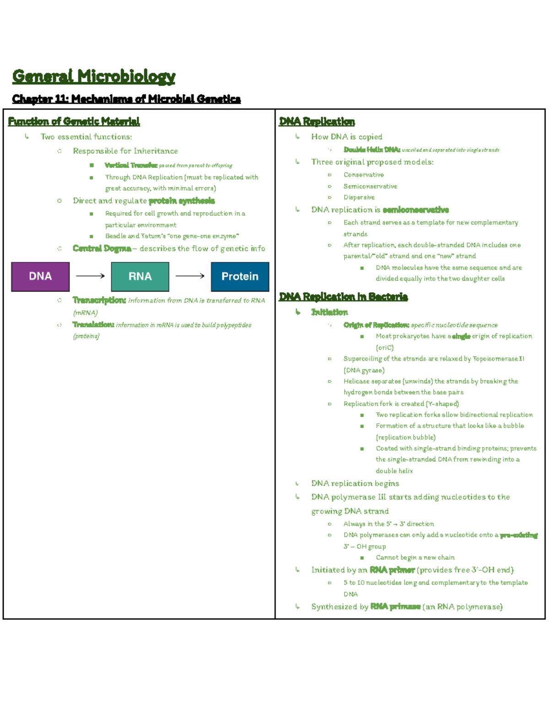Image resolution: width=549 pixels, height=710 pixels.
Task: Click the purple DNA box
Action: pos(40,277)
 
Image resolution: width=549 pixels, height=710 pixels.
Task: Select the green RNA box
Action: pos(140,277)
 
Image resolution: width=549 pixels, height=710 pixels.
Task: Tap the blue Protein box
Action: pos(240,277)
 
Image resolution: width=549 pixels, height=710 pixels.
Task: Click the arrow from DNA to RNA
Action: pos(90,276)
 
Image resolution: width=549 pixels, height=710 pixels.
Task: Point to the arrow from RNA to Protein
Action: pos(190,276)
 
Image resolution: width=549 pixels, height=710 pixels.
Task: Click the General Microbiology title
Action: pos(94,76)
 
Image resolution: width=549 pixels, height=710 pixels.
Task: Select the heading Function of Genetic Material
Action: pos(74,121)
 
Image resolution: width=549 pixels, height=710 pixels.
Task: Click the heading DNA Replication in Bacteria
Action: pos(343,297)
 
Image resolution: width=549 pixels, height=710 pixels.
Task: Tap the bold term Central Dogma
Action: pos(102,248)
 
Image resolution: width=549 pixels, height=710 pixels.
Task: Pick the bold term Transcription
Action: pos(99,300)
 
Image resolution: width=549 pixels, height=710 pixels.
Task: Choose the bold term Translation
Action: pos(93,325)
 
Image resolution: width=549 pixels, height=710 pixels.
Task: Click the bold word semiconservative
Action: pos(415,210)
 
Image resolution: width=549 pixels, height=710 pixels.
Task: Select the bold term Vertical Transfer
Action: pos(131,165)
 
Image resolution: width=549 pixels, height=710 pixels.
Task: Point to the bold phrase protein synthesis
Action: pos(182,201)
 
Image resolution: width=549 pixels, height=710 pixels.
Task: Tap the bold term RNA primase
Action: pos(395,607)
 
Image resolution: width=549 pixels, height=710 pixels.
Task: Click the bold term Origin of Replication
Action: pos(376,325)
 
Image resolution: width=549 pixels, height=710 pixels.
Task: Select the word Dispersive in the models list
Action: pos(359,198)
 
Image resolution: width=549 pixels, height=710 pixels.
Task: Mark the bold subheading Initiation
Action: pos(329,312)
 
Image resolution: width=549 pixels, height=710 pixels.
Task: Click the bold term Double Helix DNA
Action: pos(372,149)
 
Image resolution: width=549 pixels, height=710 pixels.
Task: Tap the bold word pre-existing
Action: pos(518,535)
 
